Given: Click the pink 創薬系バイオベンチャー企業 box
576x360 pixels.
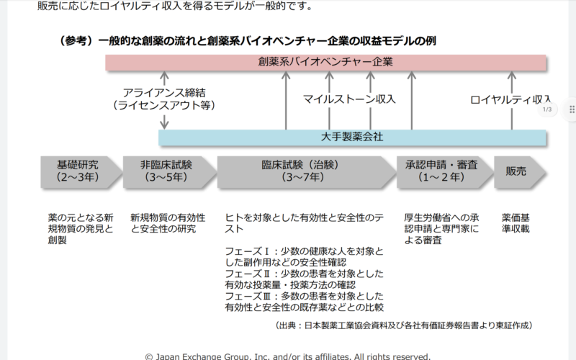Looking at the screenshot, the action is point(325,62).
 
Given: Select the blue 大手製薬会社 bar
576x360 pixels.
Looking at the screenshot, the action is point(352,138).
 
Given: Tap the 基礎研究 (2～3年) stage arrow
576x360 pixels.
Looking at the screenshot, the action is point(81,172).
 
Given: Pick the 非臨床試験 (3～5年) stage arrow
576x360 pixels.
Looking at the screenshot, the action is point(169,172).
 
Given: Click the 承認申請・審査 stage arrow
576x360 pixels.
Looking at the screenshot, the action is point(445,172).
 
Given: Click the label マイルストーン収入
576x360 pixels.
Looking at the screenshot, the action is point(349,99).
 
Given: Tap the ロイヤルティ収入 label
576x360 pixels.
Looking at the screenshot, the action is point(510,99).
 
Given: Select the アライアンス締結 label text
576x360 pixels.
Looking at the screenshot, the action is point(164,93).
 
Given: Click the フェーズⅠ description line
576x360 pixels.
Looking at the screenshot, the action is point(304,257).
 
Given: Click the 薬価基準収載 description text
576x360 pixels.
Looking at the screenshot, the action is point(516,223).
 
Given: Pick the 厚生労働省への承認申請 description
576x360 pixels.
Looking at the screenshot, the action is point(441,229).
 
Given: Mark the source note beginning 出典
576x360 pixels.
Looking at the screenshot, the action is point(403,325).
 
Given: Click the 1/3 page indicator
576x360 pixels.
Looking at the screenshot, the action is point(547,109).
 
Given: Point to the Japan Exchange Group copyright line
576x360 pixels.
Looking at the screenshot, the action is point(287,356).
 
